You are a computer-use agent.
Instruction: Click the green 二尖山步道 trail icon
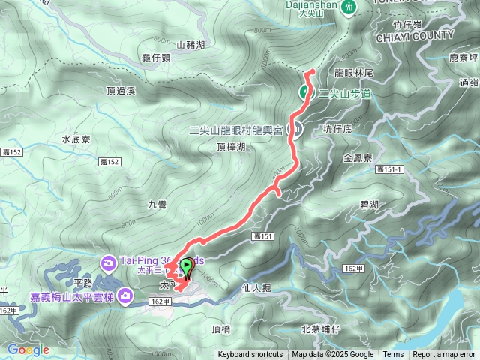tap(305, 92)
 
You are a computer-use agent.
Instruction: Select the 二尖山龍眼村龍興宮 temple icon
tap(296, 129)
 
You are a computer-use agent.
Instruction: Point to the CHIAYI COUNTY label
tap(415, 35)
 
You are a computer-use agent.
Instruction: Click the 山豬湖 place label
tap(190, 45)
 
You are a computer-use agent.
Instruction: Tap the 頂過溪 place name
tap(121, 91)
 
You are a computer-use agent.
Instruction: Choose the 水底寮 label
tap(76, 139)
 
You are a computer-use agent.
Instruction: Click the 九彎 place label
tap(157, 203)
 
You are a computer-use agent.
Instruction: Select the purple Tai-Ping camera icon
tap(109, 262)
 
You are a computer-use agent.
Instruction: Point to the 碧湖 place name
tap(369, 205)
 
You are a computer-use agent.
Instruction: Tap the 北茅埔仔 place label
tap(321, 328)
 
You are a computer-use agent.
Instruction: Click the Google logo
tap(28, 349)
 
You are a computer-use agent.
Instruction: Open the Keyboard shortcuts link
tap(250, 355)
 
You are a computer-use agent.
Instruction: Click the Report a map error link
tap(445, 355)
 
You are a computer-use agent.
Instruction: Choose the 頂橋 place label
tap(221, 328)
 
